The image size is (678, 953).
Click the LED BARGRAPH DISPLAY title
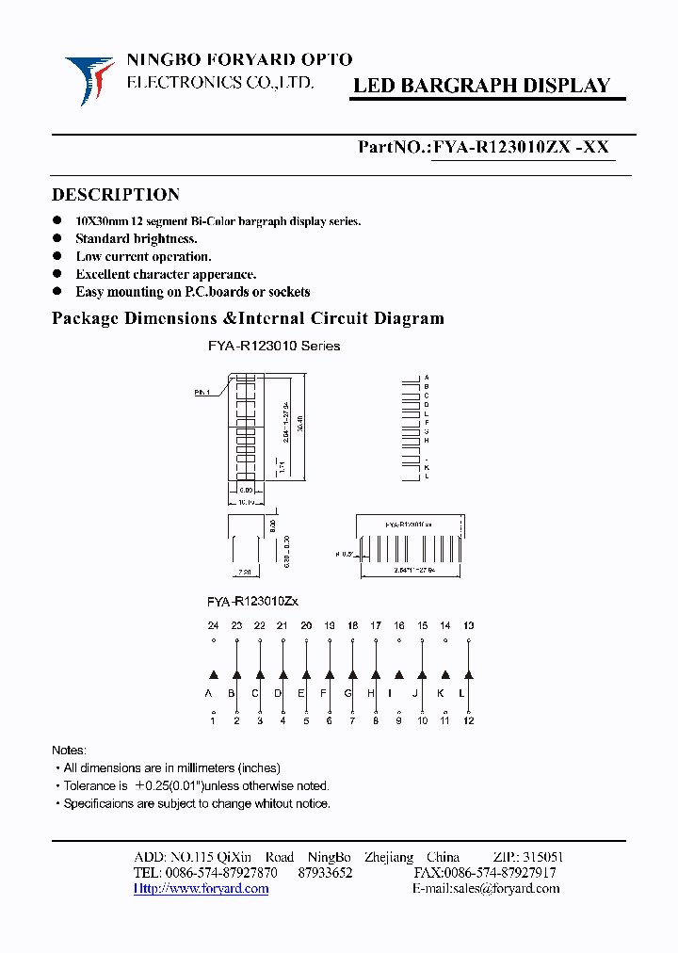[481, 86]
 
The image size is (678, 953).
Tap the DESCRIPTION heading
[115, 195]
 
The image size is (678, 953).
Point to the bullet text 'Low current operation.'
[143, 256]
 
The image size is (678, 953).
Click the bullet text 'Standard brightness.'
[136, 238]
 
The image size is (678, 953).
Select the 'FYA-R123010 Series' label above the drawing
[273, 346]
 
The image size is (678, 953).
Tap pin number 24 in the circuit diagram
[213, 625]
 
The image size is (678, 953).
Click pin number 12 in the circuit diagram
[469, 720]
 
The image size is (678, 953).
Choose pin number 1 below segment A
[213, 720]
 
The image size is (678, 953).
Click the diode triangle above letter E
[306, 674]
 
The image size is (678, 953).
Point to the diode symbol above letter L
[469, 674]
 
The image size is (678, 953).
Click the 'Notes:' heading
[69, 751]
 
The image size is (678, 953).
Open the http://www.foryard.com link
[201, 888]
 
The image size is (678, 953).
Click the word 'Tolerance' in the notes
[89, 785]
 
